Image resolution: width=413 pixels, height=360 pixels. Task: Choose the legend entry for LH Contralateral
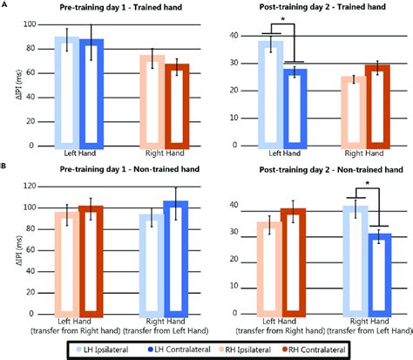point(177,349)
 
